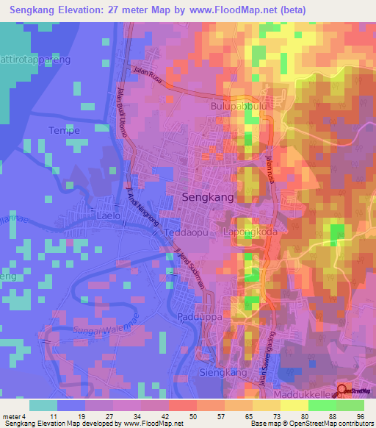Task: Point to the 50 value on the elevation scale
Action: pyautogui.click(x=173, y=415)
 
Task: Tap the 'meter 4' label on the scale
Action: pyautogui.click(x=15, y=415)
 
